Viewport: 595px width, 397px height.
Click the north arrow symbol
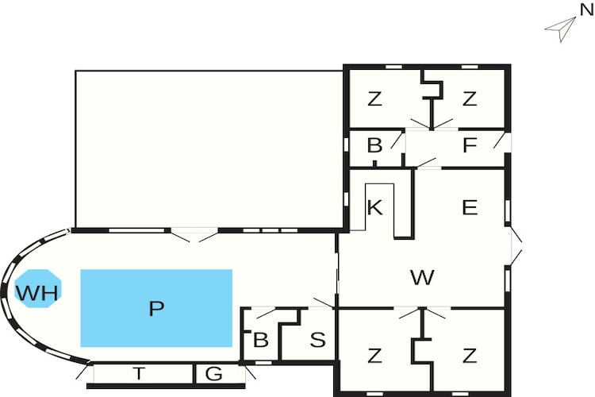coord(561,29)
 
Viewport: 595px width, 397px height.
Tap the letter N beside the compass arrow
coord(586,10)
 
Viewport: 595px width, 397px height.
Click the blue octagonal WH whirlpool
coord(38,289)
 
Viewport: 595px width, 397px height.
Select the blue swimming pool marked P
coord(156,308)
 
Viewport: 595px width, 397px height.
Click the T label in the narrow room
coord(139,374)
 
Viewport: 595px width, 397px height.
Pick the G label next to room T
coord(213,374)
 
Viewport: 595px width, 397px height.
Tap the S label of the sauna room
coord(317,340)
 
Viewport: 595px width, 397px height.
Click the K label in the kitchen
coord(375,207)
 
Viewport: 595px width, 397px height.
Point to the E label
coord(470,207)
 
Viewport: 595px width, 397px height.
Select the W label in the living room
coord(422,277)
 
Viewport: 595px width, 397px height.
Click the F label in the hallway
coord(470,145)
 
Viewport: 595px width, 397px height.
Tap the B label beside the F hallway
coord(375,145)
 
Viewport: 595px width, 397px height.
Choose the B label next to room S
coord(261,340)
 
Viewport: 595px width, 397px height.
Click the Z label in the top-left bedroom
coord(374,98)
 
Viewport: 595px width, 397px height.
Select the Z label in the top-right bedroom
coord(470,98)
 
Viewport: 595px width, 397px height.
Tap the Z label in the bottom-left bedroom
coord(374,356)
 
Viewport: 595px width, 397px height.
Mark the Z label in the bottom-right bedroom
coord(470,356)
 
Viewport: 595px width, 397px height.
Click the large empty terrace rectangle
coord(209,149)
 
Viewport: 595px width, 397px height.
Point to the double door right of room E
coord(516,246)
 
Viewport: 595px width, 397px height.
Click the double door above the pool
coord(194,235)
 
